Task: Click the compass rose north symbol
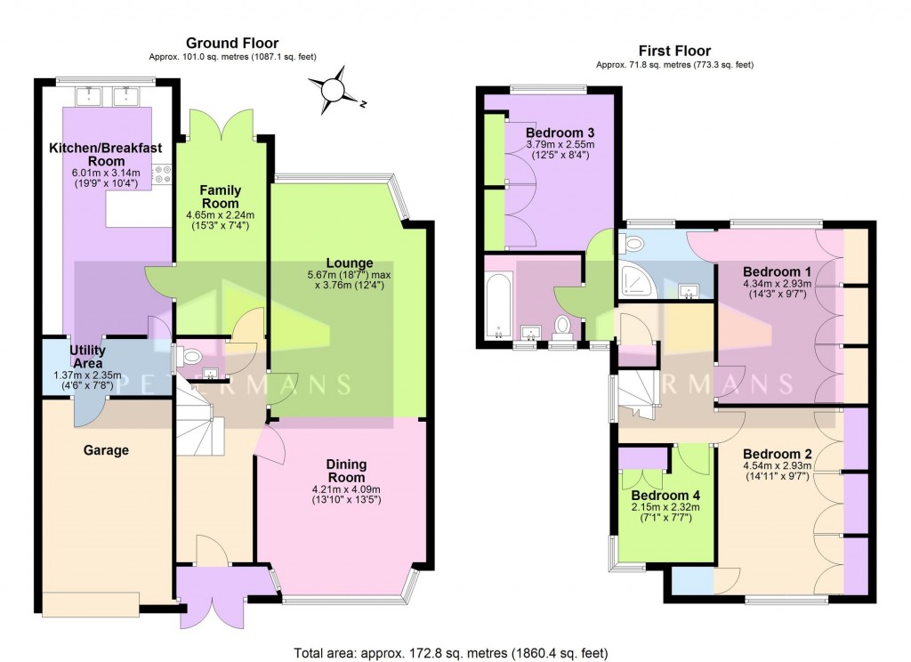click(x=333, y=90)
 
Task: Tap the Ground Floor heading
click(x=231, y=43)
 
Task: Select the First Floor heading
click(x=674, y=51)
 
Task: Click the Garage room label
click(x=107, y=450)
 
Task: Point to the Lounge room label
click(x=343, y=262)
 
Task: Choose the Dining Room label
click(x=345, y=471)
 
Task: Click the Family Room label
click(x=221, y=197)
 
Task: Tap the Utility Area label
click(x=85, y=357)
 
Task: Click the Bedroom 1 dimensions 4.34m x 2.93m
click(x=775, y=283)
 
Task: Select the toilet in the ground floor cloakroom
click(x=187, y=356)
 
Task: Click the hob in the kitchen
click(x=164, y=174)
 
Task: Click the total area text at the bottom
click(x=455, y=652)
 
